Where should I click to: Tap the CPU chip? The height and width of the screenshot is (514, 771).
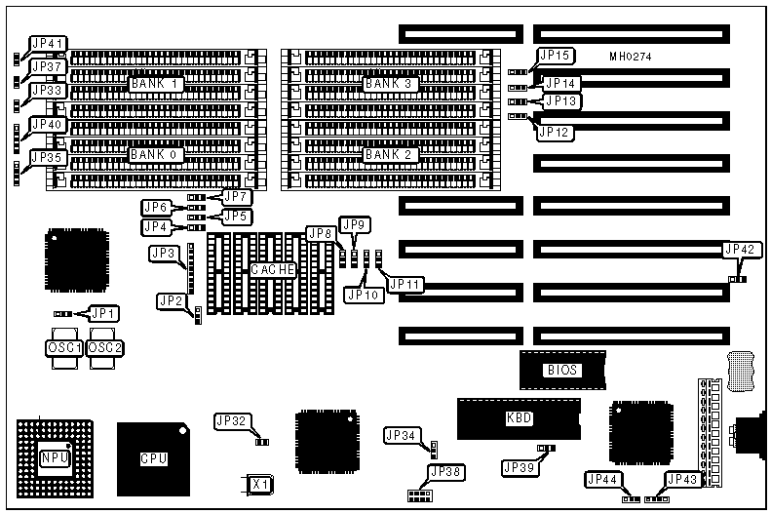pos(154,457)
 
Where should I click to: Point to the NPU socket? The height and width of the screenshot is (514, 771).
pos(55,457)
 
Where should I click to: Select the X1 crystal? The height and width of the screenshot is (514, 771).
pos(258,484)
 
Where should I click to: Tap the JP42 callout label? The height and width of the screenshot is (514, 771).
pos(738,250)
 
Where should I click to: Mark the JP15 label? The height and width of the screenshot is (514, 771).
pos(560,56)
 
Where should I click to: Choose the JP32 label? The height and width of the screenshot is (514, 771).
pos(233,421)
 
